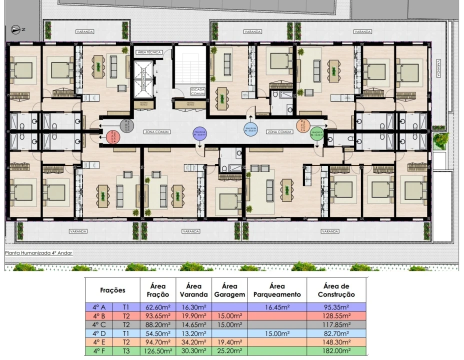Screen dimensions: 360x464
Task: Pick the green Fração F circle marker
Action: point(316,132)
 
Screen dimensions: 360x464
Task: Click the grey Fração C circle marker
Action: point(126,125)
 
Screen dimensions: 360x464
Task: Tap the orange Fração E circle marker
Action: point(303,126)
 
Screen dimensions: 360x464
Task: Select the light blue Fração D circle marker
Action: point(249,129)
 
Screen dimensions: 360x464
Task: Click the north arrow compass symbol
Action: point(16,30)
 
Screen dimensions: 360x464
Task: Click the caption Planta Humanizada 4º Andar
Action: point(38,253)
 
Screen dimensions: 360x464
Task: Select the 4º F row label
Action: point(99,351)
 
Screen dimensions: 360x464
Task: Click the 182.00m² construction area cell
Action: point(336,351)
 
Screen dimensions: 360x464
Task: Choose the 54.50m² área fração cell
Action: point(157,333)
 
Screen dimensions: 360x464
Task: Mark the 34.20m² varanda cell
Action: point(193,342)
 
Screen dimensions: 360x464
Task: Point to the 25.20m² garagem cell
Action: point(228,351)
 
